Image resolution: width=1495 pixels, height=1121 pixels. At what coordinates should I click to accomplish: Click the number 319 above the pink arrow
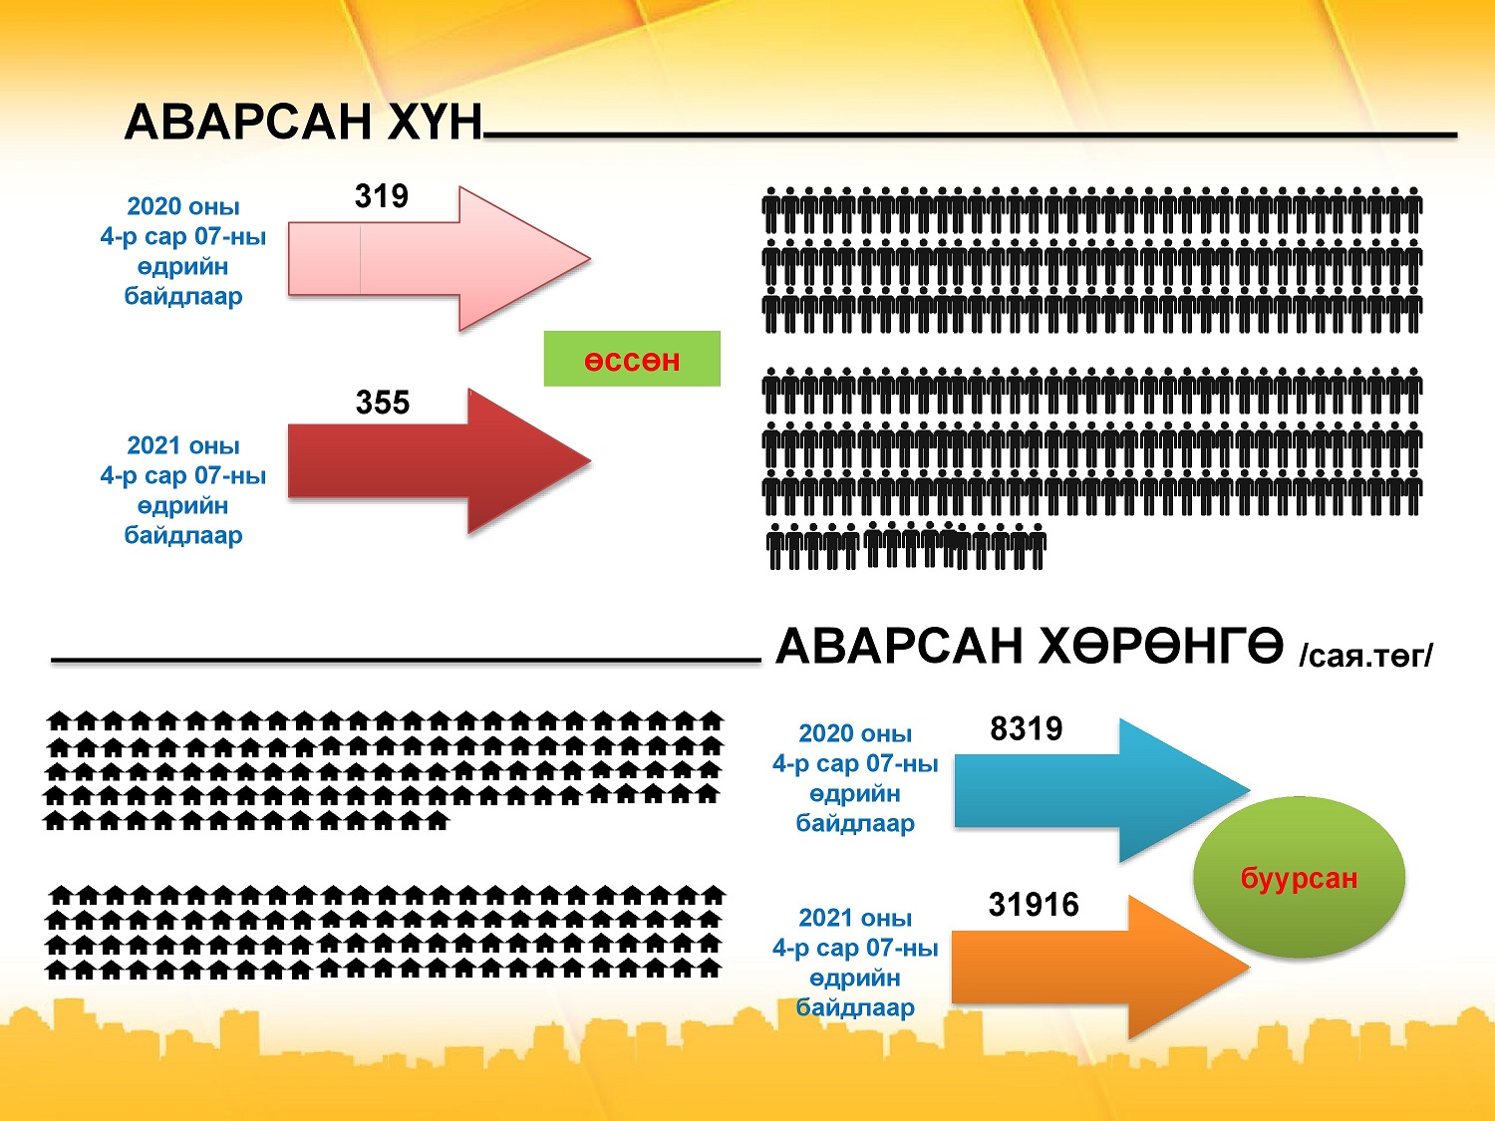(382, 196)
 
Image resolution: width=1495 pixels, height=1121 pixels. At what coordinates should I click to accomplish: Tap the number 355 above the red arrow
(382, 403)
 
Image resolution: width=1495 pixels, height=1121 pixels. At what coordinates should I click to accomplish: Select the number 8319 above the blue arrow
(1027, 728)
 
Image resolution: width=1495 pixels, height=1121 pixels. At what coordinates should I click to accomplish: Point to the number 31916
(1034, 905)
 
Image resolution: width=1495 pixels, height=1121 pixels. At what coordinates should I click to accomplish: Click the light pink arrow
(439, 259)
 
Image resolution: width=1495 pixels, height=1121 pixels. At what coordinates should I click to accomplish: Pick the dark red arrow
(439, 461)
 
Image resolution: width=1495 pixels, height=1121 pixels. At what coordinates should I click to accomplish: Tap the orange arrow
(1100, 967)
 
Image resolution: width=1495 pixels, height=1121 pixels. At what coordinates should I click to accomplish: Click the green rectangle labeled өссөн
(632, 359)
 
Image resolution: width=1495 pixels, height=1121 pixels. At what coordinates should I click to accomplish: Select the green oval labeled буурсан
(1299, 877)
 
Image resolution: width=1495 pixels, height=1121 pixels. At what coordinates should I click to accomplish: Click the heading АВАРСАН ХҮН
(303, 122)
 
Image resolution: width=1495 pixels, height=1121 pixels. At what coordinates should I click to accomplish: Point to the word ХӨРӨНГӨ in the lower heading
(1160, 646)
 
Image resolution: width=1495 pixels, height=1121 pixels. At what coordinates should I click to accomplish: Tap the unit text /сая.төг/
(1366, 656)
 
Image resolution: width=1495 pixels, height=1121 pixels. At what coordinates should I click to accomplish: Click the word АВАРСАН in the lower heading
(899, 646)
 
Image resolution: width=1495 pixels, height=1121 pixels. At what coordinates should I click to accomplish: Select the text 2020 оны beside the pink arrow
(183, 205)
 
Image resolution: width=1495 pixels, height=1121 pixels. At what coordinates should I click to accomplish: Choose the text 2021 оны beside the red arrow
(183, 445)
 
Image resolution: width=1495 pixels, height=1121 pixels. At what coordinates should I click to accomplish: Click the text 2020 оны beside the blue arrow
(855, 733)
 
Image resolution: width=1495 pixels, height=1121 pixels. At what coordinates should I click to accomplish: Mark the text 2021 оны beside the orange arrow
(855, 918)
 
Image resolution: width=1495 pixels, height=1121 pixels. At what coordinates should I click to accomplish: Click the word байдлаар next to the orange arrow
(855, 1008)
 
